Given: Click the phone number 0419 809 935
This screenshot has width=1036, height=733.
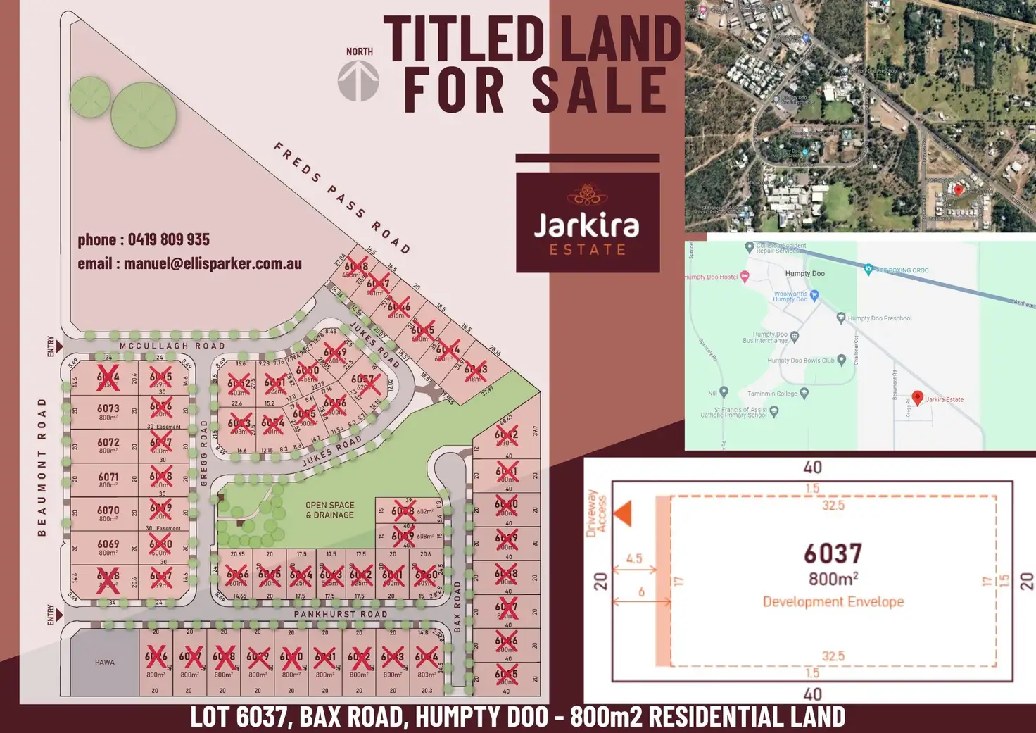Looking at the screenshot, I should (x=169, y=239).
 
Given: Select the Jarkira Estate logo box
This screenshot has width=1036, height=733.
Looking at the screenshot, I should (x=588, y=222).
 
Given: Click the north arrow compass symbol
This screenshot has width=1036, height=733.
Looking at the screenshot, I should (x=358, y=80).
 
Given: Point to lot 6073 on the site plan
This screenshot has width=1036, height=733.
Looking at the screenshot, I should (x=108, y=412).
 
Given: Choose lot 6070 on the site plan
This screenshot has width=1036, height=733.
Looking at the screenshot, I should (x=108, y=513).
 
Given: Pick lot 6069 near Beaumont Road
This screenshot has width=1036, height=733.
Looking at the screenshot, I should (x=108, y=547).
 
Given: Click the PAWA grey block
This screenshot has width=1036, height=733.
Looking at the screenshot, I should (x=105, y=662).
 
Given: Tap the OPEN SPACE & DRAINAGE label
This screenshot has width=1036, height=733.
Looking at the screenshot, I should (x=329, y=510).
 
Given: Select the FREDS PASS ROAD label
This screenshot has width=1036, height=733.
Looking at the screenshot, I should (x=342, y=198).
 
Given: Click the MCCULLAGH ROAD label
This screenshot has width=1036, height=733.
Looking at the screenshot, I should (x=172, y=346).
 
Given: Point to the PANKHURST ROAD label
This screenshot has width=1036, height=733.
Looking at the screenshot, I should (x=341, y=614).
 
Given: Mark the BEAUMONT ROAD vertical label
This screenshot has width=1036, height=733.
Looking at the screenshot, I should (x=42, y=467).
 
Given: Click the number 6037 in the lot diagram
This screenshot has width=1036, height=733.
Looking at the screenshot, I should (x=833, y=553).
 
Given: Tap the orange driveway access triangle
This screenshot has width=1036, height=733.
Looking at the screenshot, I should (x=624, y=513).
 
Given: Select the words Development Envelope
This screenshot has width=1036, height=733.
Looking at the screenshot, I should (x=833, y=602).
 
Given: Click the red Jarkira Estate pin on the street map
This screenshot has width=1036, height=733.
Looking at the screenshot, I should (x=917, y=398).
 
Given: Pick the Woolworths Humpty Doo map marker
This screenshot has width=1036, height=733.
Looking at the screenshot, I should (x=814, y=296).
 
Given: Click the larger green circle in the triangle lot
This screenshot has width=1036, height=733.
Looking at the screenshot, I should (x=144, y=115).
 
